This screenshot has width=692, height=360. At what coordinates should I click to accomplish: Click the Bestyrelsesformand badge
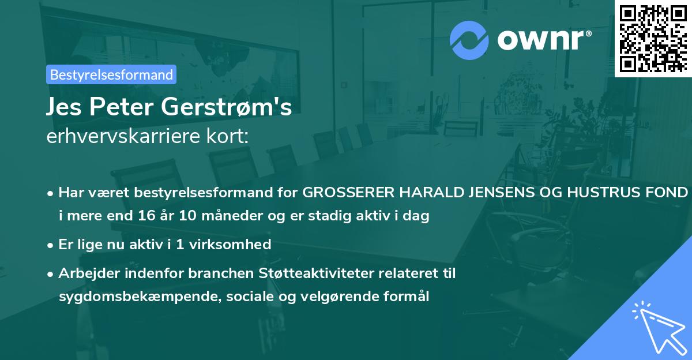(x=111, y=74)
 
